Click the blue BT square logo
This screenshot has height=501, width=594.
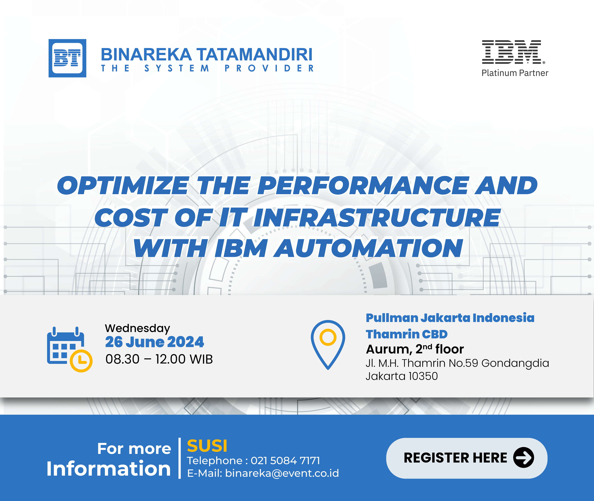coord(67,58)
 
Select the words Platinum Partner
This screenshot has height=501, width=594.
coord(515,73)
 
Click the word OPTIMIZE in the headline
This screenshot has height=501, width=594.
coord(123,185)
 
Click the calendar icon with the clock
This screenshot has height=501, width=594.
coord(70,349)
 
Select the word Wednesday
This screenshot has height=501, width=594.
coord(138,328)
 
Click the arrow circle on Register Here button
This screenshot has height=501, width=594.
coord(524,458)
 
